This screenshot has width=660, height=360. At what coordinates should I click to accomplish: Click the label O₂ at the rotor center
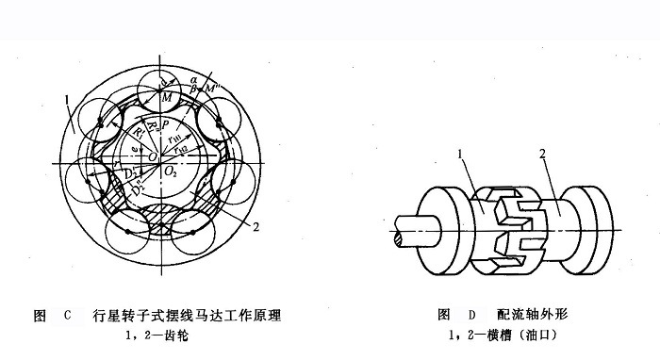[x=171, y=175]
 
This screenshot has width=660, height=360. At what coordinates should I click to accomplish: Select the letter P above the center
[x=164, y=123]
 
